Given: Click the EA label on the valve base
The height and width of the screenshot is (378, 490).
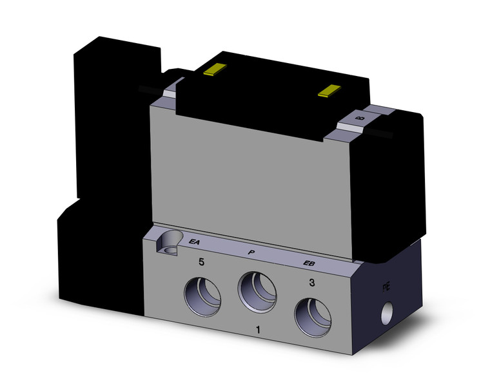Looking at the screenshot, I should coord(193,242).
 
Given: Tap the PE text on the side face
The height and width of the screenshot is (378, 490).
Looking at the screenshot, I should coord(386,286).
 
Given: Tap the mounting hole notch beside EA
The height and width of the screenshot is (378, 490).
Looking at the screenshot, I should coord(168,243).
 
